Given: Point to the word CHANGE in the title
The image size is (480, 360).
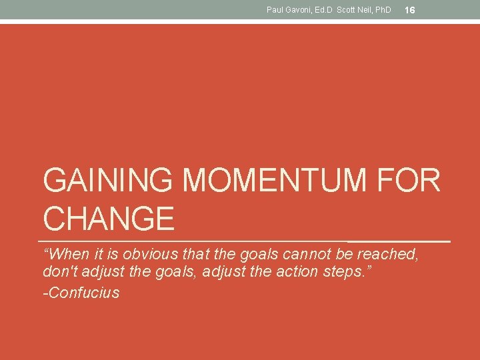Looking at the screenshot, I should [x=109, y=218].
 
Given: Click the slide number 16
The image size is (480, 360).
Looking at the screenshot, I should [x=410, y=10].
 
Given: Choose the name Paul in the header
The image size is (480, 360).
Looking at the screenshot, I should [x=275, y=10].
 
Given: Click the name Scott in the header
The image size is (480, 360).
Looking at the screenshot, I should [x=347, y=10].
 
